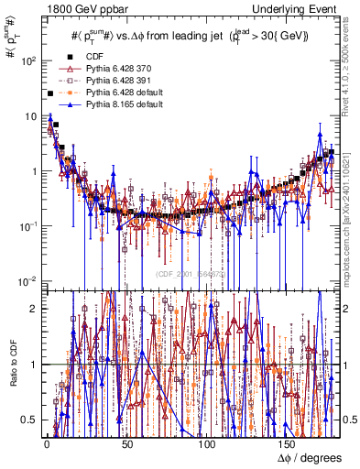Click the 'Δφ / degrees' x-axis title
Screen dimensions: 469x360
(310, 457)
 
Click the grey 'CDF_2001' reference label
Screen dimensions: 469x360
(192, 273)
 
